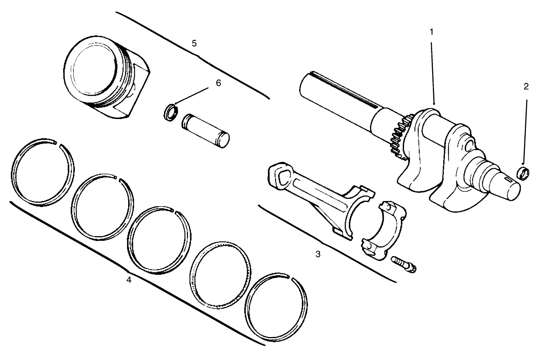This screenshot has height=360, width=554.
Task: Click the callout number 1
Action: point(431,32)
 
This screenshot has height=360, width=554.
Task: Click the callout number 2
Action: point(526,87)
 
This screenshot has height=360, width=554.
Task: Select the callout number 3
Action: point(318,254)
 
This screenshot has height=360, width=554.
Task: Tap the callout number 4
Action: point(129,280)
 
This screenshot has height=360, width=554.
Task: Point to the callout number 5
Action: point(194,43)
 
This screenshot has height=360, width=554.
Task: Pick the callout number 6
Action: point(218,83)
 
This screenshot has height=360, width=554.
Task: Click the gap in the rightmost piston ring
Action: point(289,277)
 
